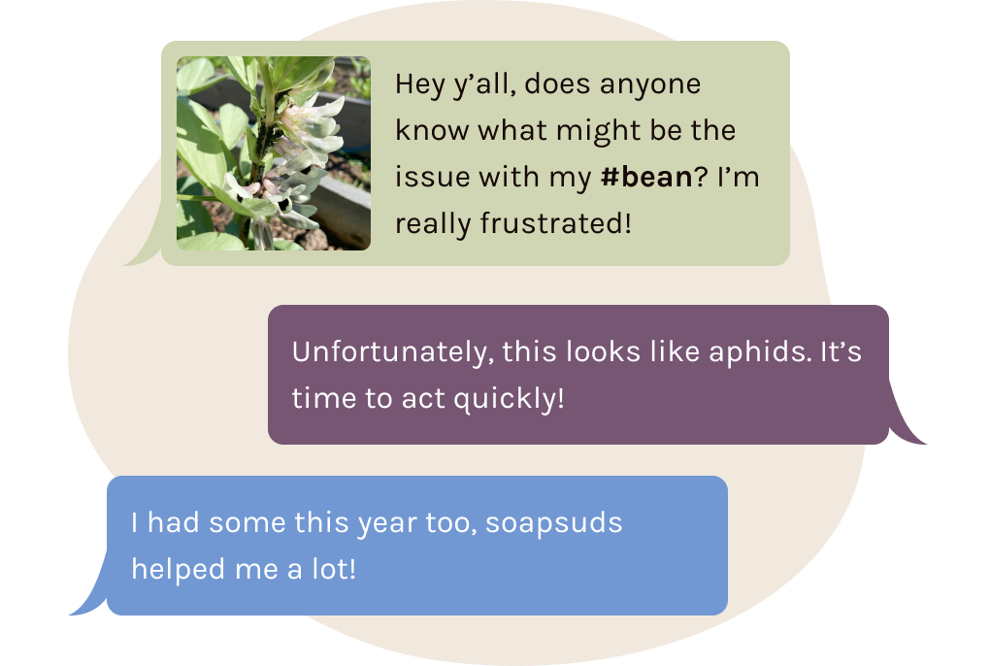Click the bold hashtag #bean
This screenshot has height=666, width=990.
tap(646, 177)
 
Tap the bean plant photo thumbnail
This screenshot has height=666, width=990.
tap(274, 153)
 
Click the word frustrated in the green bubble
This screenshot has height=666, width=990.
tap(555, 223)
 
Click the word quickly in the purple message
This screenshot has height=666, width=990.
tap(509, 399)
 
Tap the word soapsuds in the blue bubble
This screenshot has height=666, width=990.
tap(553, 523)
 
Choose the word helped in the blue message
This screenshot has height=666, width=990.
tap(178, 569)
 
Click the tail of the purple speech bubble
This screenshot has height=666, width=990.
tap(905, 423)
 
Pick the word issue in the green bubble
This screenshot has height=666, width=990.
tap(432, 177)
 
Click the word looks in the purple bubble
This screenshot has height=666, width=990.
tap(603, 351)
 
